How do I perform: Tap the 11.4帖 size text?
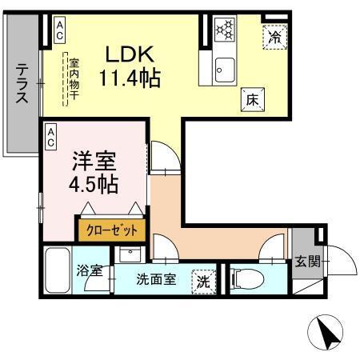pos(130,78)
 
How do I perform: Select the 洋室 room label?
pos(91,160)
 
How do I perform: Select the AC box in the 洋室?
pos(50,137)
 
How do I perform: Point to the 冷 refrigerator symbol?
pos(274,35)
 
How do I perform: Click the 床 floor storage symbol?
pos(250,99)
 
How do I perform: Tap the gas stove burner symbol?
pos(225,30)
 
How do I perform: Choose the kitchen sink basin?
pos(224,69)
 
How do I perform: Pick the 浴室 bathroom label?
pos(89,271)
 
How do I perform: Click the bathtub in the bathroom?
pos(56,272)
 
